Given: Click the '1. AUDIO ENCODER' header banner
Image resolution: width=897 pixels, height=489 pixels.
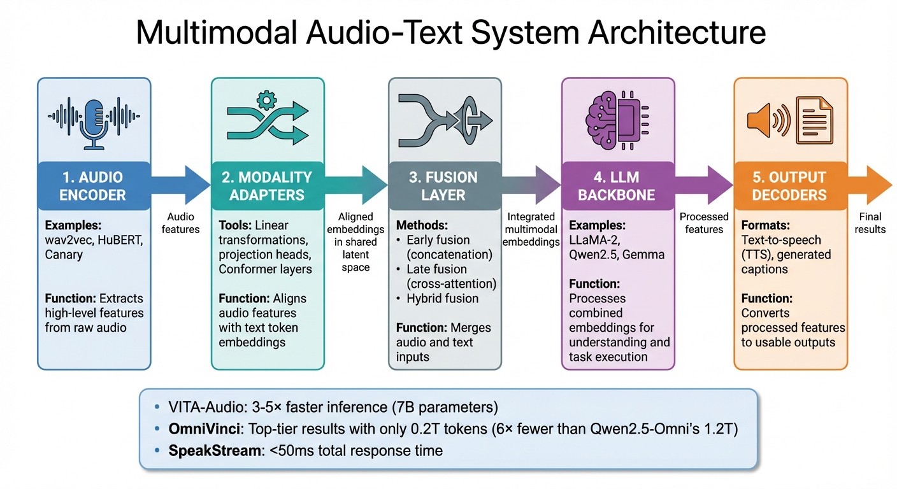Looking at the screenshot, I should coord(94,186).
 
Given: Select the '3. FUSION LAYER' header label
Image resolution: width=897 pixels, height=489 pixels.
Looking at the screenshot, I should coord(443,186).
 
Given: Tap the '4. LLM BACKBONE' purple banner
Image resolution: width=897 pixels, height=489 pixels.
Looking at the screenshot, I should coord(617,186).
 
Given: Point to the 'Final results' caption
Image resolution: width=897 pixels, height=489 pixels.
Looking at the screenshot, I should coord(870,223).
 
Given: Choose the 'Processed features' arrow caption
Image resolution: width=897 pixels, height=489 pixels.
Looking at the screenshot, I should coord(704,223).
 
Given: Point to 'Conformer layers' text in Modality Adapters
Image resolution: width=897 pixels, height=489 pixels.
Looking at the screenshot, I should coord(265,269).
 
